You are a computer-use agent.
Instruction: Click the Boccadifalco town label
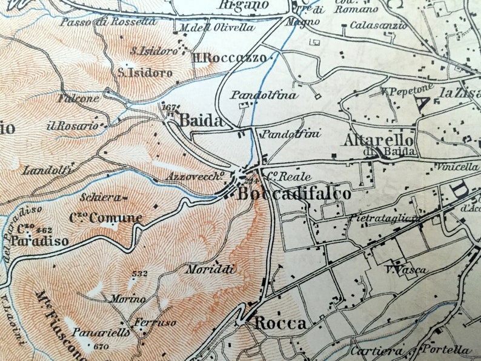(x=294, y=194)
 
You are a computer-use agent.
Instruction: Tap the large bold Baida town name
(x=201, y=120)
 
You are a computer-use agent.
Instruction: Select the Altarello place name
(x=379, y=140)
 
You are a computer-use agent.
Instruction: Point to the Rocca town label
(x=280, y=323)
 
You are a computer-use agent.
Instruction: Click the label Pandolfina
(x=264, y=95)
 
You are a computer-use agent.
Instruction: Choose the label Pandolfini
(x=291, y=134)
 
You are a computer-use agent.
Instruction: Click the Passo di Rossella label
(x=108, y=22)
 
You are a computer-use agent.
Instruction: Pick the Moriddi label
(x=210, y=269)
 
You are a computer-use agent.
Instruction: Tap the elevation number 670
(x=102, y=346)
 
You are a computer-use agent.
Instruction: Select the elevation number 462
(x=44, y=230)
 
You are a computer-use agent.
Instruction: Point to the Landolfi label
(x=47, y=171)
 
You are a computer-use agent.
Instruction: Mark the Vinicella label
(x=460, y=167)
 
